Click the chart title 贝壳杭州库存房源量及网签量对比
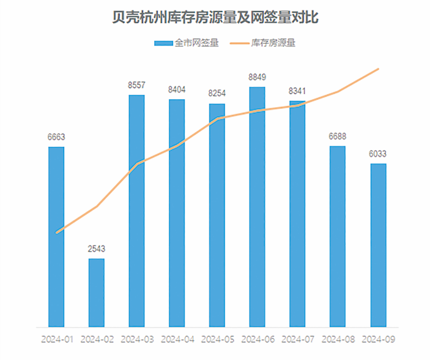tap(215, 18)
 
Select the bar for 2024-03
tap(136, 211)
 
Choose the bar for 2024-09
tap(378, 245)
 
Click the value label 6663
tap(56, 138)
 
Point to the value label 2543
tap(97, 249)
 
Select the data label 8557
tap(136, 86)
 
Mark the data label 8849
tap(258, 78)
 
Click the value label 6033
tap(378, 154)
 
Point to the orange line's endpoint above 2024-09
tap(379, 69)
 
